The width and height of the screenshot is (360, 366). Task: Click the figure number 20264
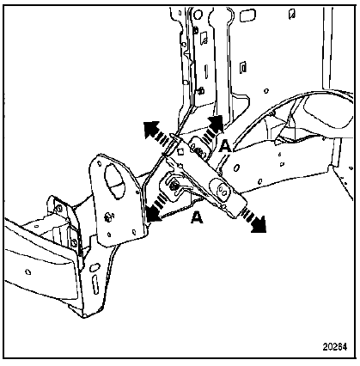coord(335,347)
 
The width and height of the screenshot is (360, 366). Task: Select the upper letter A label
coord(225,146)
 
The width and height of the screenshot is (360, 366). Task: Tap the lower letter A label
coord(197,217)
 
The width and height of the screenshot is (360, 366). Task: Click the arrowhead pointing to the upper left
coord(151,129)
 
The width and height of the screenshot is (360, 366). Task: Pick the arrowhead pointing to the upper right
coord(216,123)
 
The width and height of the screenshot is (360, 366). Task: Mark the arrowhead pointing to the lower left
coord(154,214)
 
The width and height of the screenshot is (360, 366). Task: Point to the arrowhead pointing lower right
coord(259,224)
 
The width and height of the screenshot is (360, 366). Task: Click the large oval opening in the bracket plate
coord(115,181)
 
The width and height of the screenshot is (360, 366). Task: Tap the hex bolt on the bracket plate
coord(108,217)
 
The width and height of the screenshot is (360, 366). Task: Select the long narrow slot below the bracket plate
coord(95,284)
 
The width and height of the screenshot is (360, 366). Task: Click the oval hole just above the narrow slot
coord(93,268)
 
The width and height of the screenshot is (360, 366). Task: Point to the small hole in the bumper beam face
coord(28,271)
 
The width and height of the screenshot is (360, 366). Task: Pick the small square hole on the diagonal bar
coord(180,151)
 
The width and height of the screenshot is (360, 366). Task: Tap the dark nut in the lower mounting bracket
coord(174,186)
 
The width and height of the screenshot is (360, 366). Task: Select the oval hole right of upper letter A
coord(236,168)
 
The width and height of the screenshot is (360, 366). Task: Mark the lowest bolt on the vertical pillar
coord(201,91)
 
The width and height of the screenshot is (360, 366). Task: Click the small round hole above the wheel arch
coord(266,91)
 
